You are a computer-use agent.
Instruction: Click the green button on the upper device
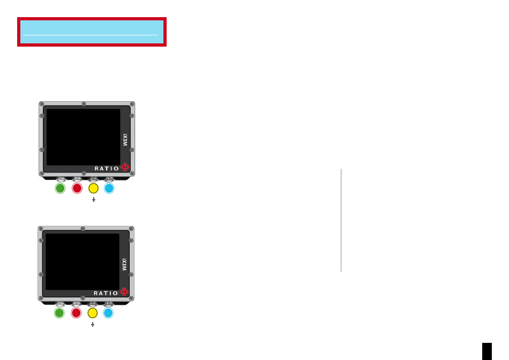[x=60, y=188]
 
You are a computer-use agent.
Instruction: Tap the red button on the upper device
[x=77, y=188]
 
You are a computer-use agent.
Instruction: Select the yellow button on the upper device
[x=93, y=188]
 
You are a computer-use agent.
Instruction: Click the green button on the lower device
[x=59, y=313]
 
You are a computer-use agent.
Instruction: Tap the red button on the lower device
[x=76, y=313]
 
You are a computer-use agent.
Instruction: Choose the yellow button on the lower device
[x=93, y=313]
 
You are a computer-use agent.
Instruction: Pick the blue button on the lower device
[x=108, y=313]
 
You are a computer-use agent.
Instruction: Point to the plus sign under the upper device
[x=93, y=200]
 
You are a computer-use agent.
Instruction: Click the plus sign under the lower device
[x=93, y=324]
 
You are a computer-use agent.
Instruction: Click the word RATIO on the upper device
[x=107, y=168]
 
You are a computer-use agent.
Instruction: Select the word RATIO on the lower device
[x=106, y=293]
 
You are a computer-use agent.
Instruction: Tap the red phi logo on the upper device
[x=125, y=167]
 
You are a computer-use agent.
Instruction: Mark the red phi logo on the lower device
[x=124, y=292]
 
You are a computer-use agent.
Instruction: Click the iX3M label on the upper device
[x=125, y=140]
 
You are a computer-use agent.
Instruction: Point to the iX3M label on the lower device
[x=124, y=265]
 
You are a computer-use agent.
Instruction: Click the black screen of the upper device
[x=84, y=137]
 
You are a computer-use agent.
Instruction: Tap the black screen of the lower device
[x=83, y=261]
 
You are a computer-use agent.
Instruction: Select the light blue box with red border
[x=92, y=32]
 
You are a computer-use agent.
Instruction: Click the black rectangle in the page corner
[x=487, y=351]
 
